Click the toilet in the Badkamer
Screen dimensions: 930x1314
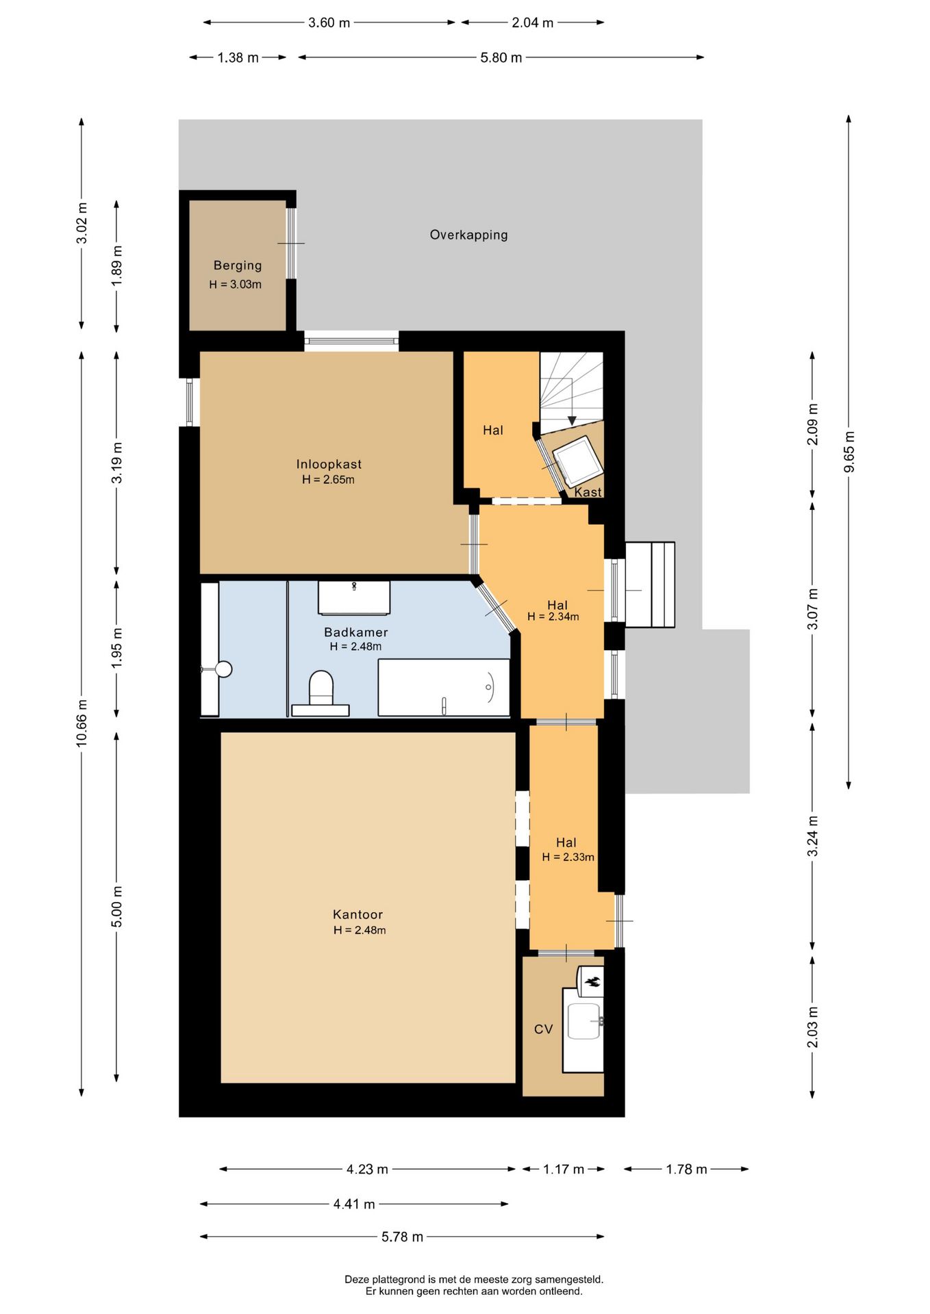click(x=321, y=693)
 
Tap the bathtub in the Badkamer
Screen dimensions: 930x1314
click(x=444, y=687)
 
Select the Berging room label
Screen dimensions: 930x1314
click(x=238, y=266)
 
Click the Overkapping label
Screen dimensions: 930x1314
click(x=469, y=235)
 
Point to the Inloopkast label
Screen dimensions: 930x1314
click(x=329, y=464)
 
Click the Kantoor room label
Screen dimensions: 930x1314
click(x=357, y=914)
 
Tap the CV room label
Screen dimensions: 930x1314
click(x=543, y=1029)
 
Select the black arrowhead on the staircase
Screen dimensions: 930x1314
click(x=572, y=420)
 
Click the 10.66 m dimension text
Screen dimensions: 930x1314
click(x=82, y=723)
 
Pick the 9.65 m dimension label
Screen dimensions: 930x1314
click(x=849, y=452)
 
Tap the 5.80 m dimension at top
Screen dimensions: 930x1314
click(x=501, y=57)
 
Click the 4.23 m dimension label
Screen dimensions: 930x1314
click(x=367, y=1169)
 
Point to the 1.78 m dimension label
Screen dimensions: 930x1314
click(x=686, y=1169)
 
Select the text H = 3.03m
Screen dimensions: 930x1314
click(x=236, y=285)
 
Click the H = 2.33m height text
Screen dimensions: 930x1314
click(x=568, y=857)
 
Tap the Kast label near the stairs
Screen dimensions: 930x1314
click(x=588, y=492)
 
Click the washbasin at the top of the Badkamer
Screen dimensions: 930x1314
click(x=354, y=598)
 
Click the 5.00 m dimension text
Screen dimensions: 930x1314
click(x=117, y=906)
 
